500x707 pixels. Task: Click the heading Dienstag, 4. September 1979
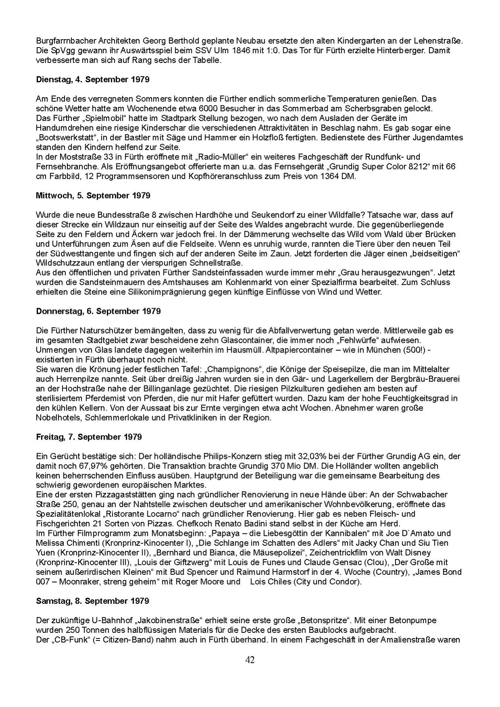click(x=92, y=79)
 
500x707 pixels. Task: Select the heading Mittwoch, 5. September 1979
click(x=93, y=196)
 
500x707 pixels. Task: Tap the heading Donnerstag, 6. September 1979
click(x=98, y=311)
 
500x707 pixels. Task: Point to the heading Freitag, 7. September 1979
click(x=89, y=437)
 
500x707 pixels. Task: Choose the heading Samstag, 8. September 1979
click(x=92, y=601)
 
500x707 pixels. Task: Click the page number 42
click(x=250, y=660)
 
